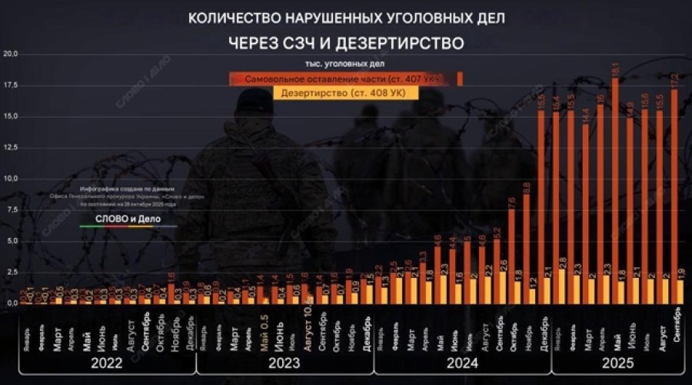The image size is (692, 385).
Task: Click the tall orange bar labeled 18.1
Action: [x=614, y=192]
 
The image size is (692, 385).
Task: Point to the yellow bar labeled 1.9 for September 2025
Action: [x=681, y=291]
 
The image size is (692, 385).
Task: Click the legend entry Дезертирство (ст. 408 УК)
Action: [x=345, y=93]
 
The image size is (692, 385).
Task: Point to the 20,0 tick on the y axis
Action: [x=12, y=54]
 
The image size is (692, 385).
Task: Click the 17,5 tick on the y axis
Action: [x=12, y=85]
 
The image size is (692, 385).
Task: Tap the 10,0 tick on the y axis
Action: [x=12, y=179]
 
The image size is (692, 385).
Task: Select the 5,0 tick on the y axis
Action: [x=12, y=241]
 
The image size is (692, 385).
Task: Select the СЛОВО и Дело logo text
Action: [x=128, y=219]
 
